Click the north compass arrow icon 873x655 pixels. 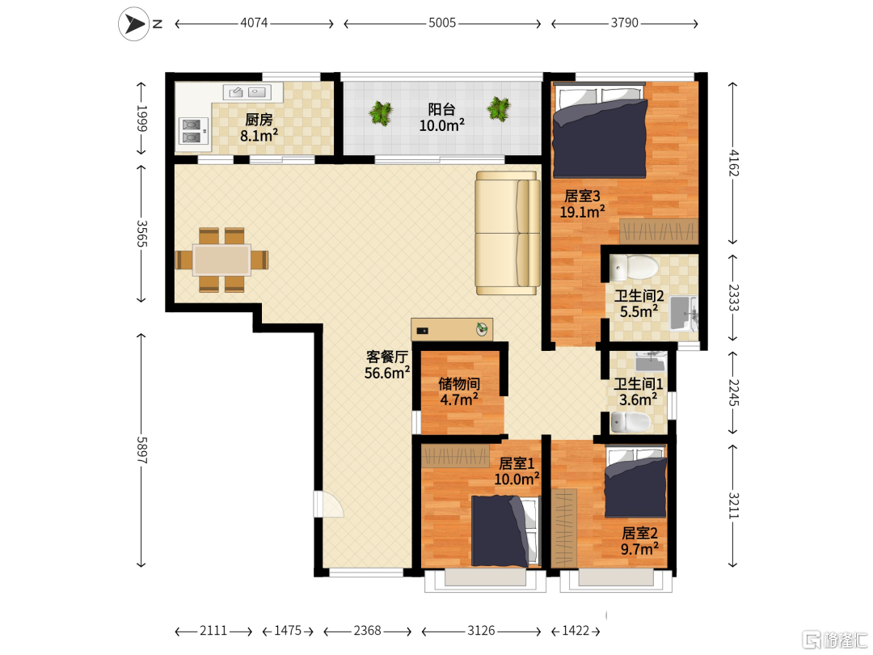click(133, 23)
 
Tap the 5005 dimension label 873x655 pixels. click(442, 23)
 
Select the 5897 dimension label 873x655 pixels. click(142, 450)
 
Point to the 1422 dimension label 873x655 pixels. click(576, 631)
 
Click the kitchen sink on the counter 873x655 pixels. click(247, 92)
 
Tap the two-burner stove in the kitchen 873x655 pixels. click(192, 132)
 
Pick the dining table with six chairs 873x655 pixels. click(221, 260)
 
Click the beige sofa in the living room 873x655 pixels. click(507, 233)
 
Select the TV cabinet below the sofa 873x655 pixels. click(452, 329)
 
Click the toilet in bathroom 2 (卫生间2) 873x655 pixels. click(635, 268)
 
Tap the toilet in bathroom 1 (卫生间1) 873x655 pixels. click(630, 422)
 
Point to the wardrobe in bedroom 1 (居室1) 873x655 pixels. click(455, 456)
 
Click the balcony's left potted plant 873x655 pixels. click(381, 113)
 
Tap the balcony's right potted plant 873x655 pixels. click(498, 108)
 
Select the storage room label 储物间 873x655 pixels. click(459, 384)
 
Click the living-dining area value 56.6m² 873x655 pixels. click(387, 373)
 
